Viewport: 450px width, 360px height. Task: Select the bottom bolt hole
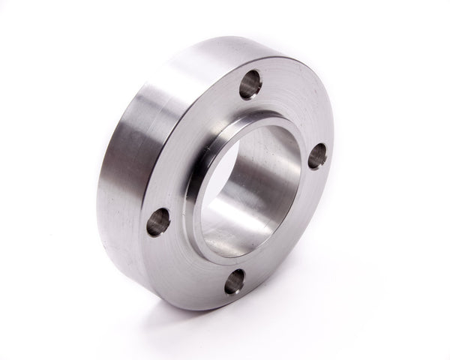(235, 281)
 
